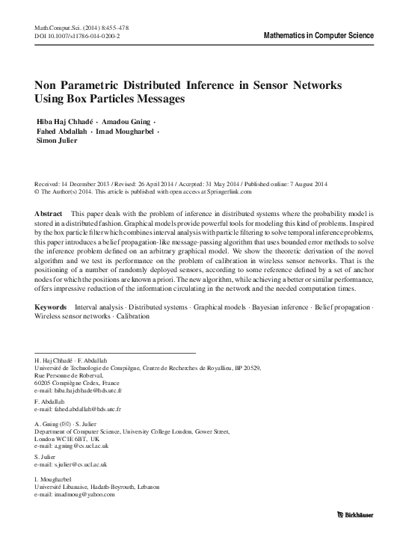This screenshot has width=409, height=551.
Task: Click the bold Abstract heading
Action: tap(49, 214)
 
